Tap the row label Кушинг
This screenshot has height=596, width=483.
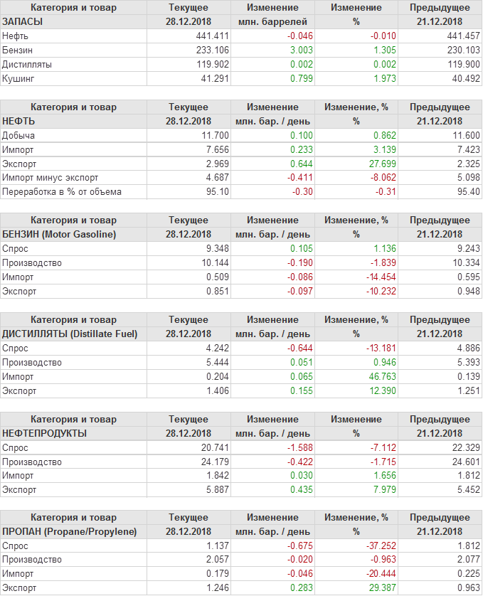[x=18, y=78]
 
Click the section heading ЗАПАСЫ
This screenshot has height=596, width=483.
[x=23, y=21]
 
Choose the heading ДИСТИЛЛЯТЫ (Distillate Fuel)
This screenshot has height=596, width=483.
[x=70, y=334]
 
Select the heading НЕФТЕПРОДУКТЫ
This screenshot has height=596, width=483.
[x=45, y=433]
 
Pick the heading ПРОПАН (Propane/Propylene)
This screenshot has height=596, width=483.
[x=70, y=532]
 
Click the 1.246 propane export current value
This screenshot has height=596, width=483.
[x=214, y=588]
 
